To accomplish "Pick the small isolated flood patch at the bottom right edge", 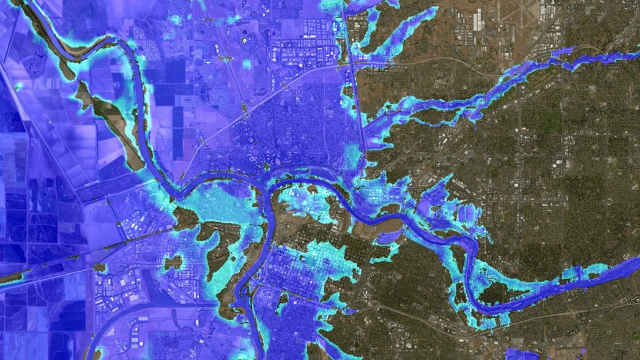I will tap(521, 353).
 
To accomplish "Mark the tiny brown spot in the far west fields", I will tap(17, 86).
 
